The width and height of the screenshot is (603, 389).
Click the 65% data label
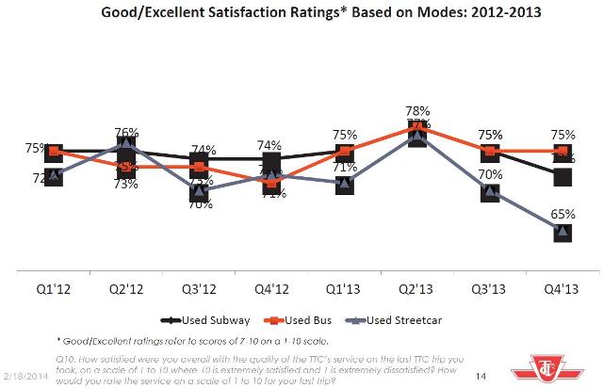[x=562, y=212]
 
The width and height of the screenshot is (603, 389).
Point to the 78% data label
[x=418, y=111]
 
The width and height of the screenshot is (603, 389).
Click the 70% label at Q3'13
[x=489, y=173]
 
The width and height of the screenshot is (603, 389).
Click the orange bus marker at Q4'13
[x=562, y=151]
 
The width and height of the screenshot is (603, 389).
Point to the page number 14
[x=480, y=376]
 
